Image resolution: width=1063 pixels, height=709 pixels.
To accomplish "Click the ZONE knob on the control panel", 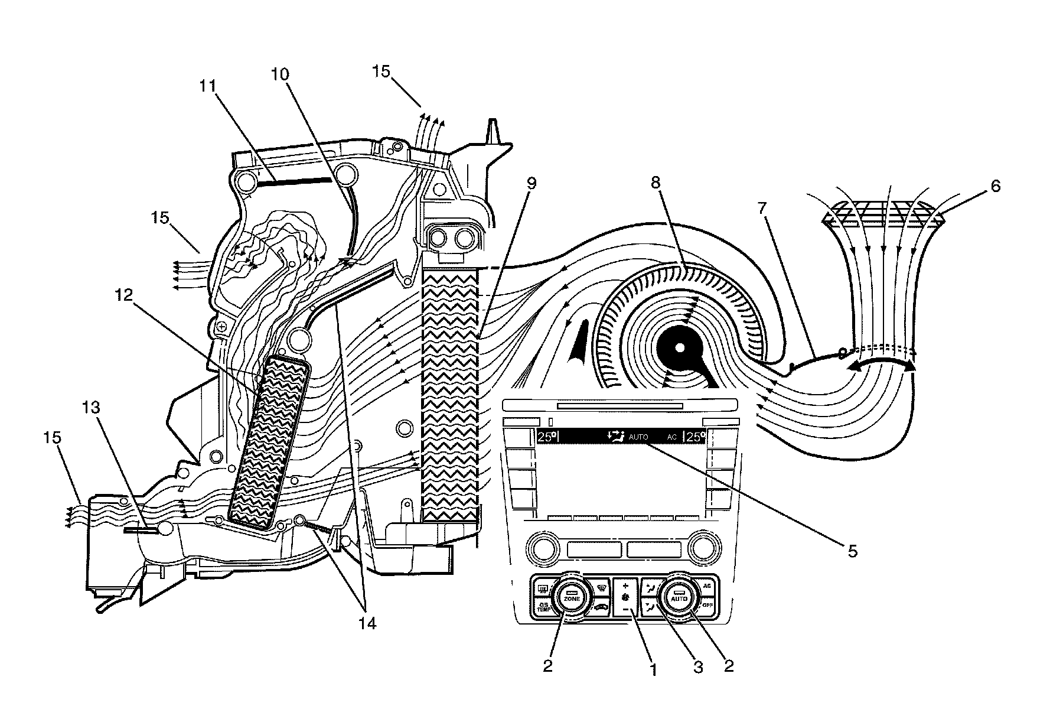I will point(570,598).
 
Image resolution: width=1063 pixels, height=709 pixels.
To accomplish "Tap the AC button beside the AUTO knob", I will point(707,586).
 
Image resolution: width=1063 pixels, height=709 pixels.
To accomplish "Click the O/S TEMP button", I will point(543,606).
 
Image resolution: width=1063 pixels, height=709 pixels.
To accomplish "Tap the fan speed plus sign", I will point(625,586).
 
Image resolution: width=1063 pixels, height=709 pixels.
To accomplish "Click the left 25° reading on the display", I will point(547,437).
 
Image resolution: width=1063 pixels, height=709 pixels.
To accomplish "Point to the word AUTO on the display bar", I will point(638,437).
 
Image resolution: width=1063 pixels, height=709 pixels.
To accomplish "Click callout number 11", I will point(207,86).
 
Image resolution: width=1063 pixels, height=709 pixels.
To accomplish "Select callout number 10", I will point(281,74).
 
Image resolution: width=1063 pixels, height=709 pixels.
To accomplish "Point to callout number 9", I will point(531,183).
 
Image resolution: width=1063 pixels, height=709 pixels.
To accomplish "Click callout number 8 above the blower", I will point(655,183).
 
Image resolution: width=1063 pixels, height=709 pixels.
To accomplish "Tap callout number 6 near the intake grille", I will point(996,187).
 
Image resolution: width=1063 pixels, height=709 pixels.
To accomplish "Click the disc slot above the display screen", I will point(619,406).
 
